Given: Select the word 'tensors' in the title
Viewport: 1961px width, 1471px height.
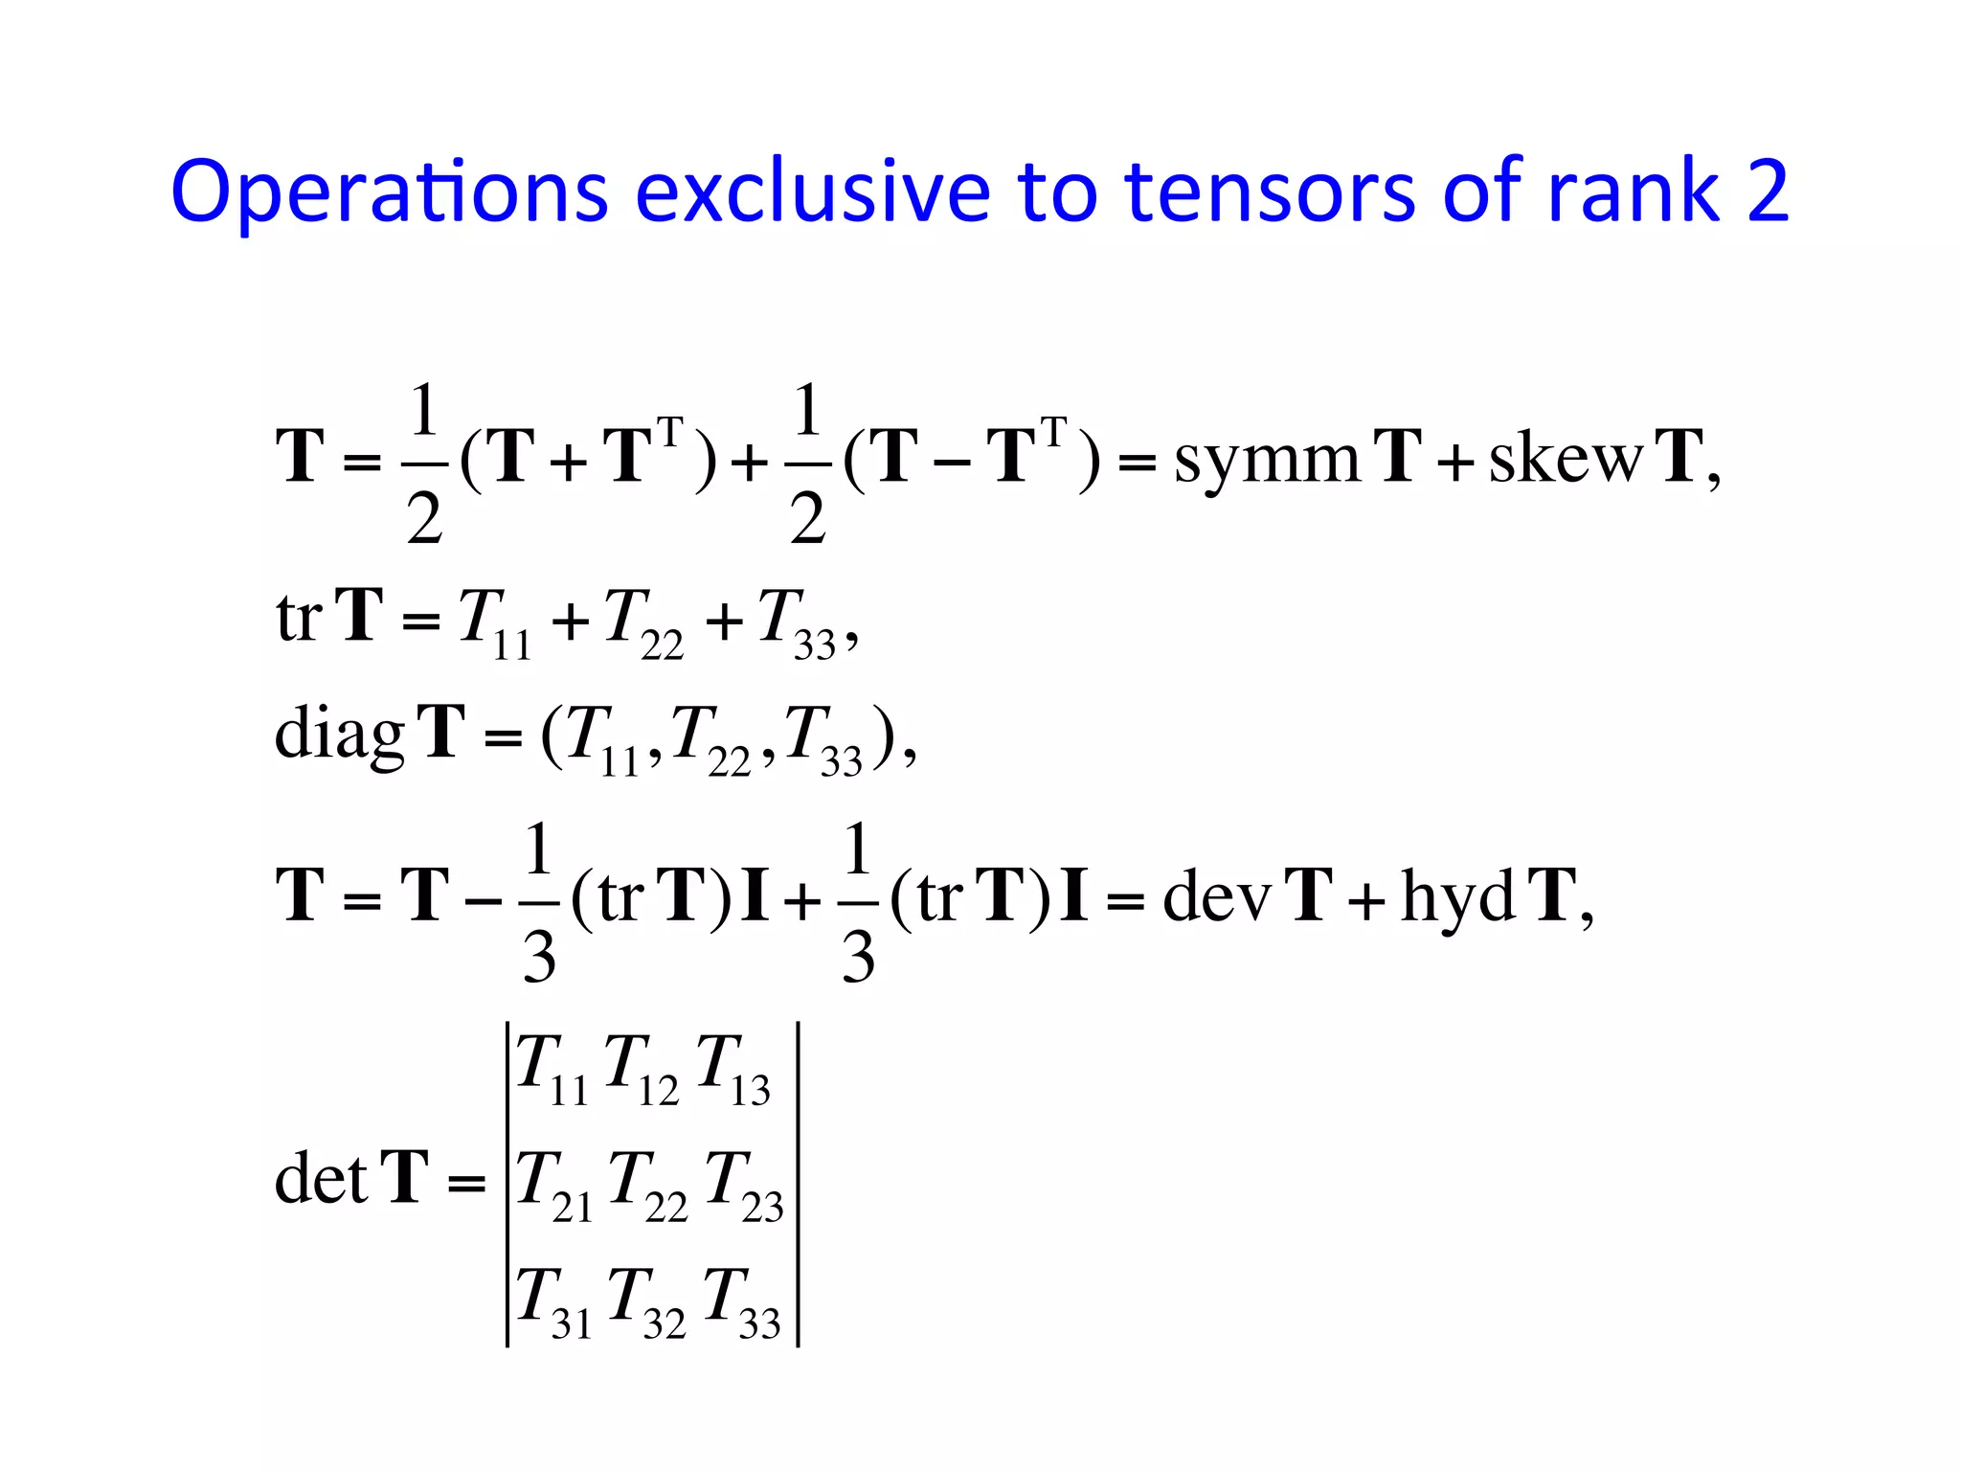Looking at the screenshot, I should (1270, 192).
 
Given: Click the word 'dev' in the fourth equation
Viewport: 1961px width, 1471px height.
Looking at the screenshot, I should (1216, 896).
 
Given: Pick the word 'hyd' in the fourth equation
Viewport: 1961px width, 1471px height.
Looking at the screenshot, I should (1457, 896).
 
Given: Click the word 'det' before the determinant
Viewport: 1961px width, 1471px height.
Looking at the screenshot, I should (320, 1178).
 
